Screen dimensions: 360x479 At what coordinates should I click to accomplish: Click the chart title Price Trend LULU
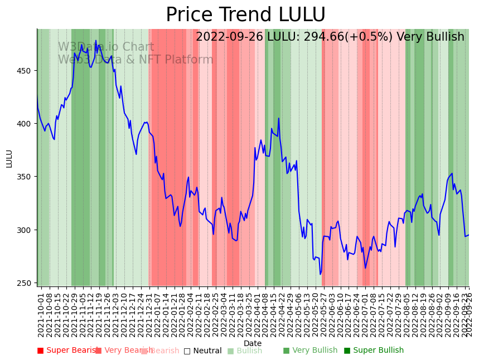pyautogui.click(x=245, y=15)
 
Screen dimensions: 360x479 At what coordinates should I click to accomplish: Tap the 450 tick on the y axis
pyautogui.click(x=26, y=71)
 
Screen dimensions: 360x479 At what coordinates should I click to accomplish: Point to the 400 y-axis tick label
pyautogui.click(x=26, y=124)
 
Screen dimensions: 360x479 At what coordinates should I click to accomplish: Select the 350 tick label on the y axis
pyautogui.click(x=26, y=177)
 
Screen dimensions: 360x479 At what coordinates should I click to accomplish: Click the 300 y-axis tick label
pyautogui.click(x=26, y=230)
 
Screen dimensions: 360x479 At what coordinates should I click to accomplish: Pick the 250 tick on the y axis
pyautogui.click(x=26, y=283)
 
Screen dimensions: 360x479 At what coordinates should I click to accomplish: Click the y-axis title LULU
pyautogui.click(x=9, y=158)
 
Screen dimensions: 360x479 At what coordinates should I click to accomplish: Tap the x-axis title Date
pyautogui.click(x=253, y=344)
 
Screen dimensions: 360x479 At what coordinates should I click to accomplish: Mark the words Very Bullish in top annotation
pyautogui.click(x=430, y=37)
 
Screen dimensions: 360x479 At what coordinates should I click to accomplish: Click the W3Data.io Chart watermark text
pyautogui.click(x=106, y=47)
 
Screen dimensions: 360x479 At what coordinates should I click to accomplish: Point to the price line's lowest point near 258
pyautogui.click(x=321, y=274)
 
